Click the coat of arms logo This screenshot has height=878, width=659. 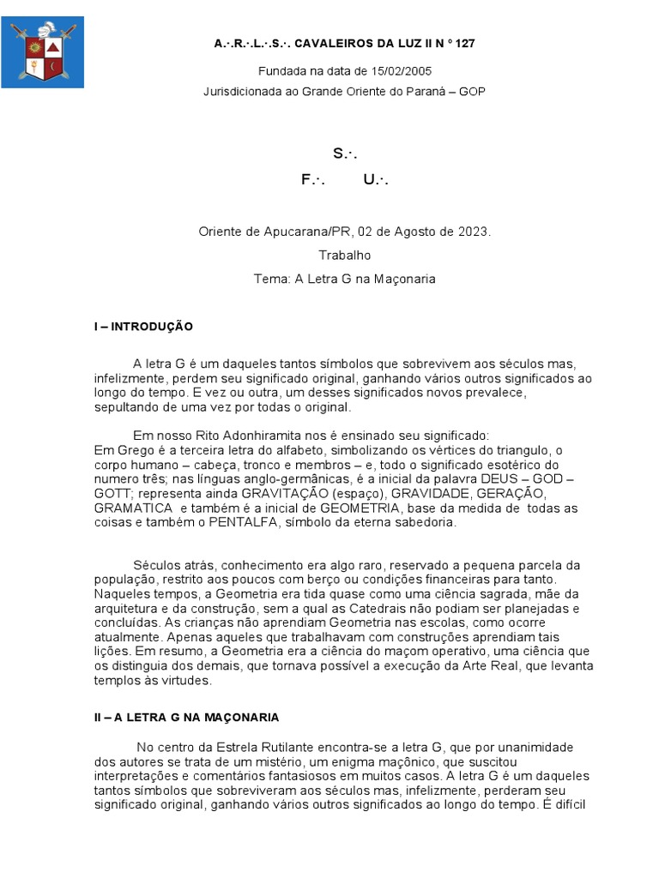(x=42, y=51)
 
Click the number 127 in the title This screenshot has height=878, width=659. (x=464, y=42)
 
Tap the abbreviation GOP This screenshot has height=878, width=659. (x=472, y=91)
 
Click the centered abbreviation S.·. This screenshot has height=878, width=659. (x=344, y=153)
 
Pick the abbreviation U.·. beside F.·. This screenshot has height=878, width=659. (x=376, y=179)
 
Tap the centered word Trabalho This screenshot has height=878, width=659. (x=344, y=255)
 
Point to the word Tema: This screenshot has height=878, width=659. (x=271, y=279)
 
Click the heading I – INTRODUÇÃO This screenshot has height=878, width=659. (x=143, y=327)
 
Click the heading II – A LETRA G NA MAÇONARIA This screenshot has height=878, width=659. (x=186, y=717)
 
